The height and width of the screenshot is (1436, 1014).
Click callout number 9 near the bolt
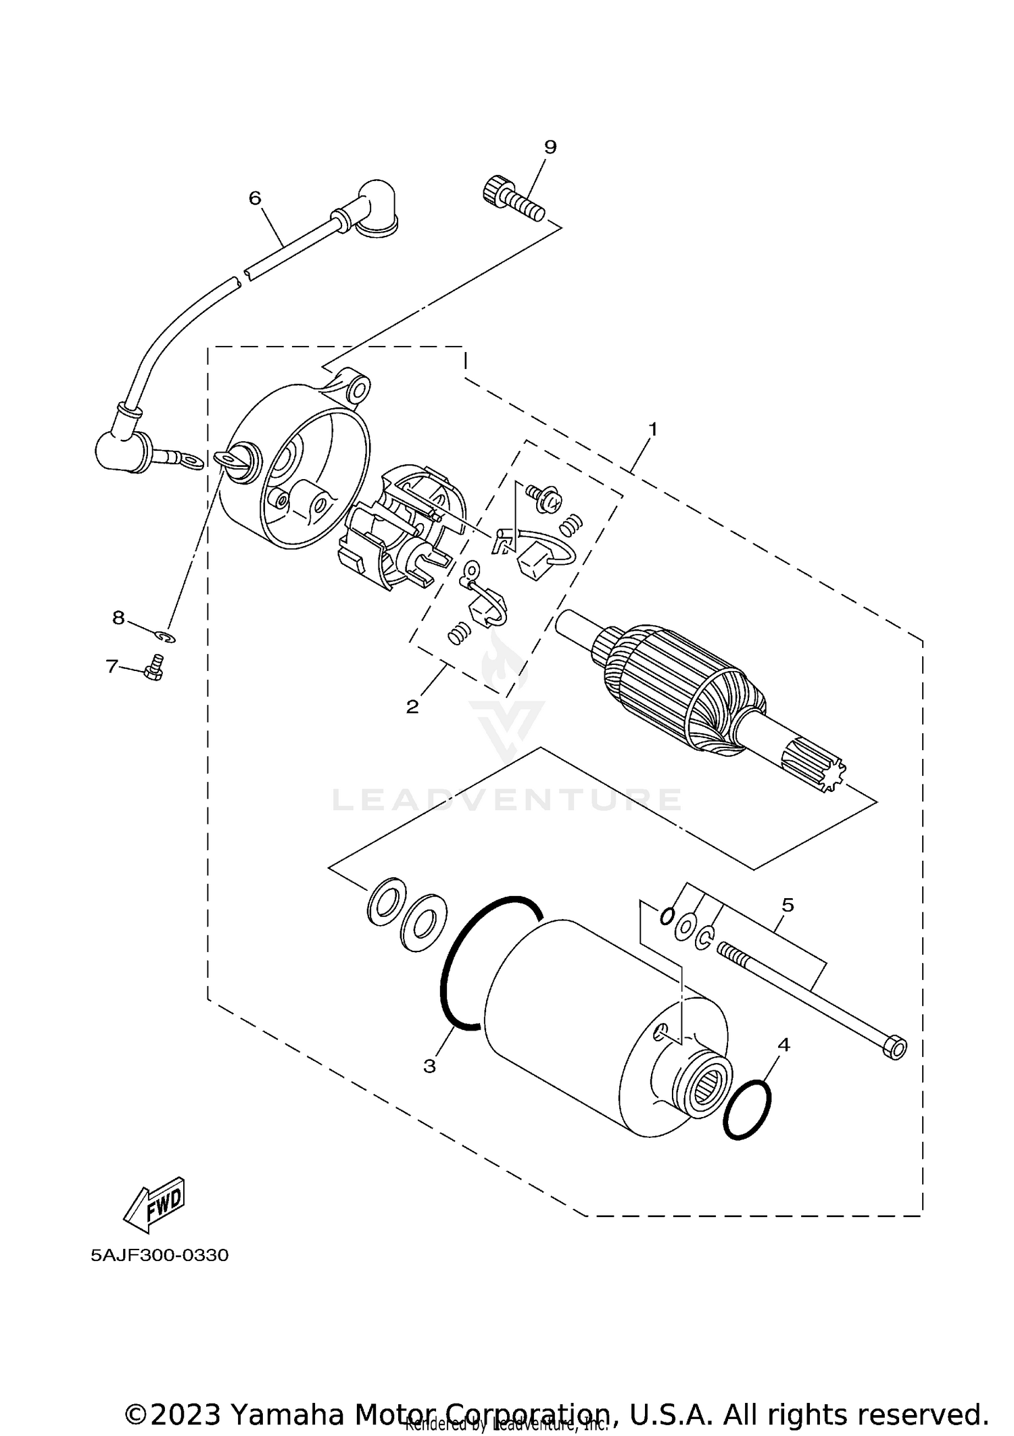tap(550, 147)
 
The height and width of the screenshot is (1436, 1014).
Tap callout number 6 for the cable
tap(255, 198)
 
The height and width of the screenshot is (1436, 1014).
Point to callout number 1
tap(653, 429)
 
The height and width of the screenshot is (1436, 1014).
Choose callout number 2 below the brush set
tap(412, 707)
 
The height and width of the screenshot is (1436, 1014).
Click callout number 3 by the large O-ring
tap(429, 1066)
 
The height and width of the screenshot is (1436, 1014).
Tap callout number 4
tap(783, 1045)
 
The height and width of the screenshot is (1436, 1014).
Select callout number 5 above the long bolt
tap(788, 905)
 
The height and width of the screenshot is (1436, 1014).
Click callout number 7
tap(112, 666)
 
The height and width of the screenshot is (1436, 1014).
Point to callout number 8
tap(118, 617)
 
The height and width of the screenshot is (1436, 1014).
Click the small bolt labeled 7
tap(155, 668)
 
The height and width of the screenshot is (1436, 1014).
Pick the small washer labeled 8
tap(165, 637)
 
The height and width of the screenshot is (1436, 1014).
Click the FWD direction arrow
tap(153, 1204)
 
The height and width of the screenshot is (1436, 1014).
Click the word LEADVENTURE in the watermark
tap(507, 800)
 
